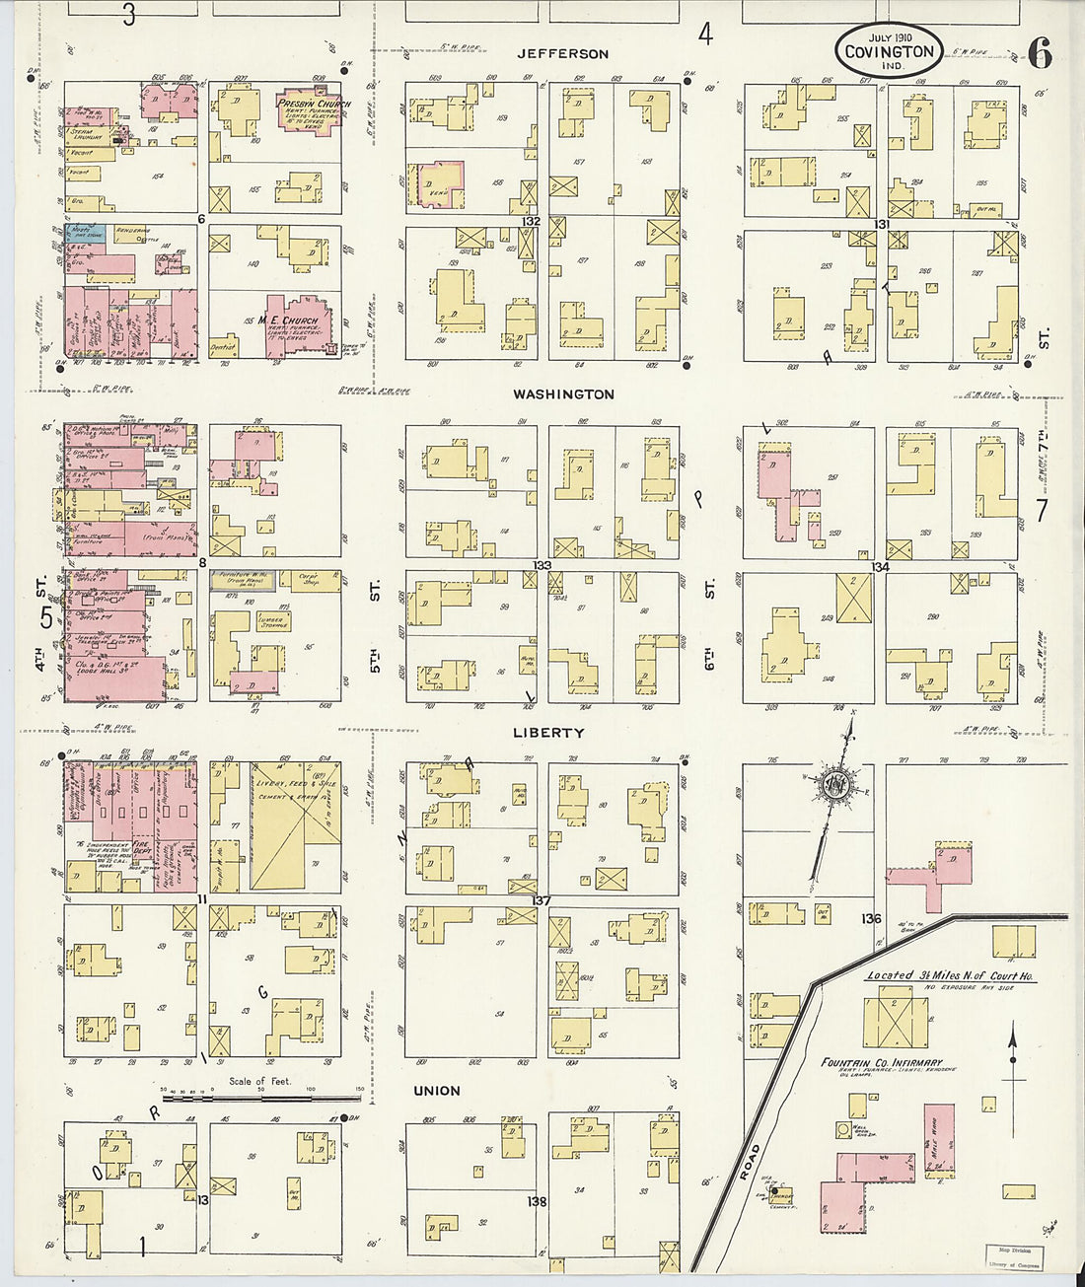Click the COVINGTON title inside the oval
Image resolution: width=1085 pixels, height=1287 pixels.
[889, 52]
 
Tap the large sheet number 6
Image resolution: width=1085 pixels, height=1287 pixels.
[1039, 53]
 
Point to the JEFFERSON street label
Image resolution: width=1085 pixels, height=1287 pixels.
[563, 53]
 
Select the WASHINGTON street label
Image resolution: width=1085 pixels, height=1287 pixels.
[563, 393]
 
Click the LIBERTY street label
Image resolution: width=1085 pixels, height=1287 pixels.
[548, 733]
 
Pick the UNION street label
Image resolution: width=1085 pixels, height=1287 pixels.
[437, 1091]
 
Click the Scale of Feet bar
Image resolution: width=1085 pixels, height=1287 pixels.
[261, 1097]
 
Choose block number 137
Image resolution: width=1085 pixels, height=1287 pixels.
[540, 900]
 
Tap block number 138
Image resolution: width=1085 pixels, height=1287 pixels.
[537, 1201]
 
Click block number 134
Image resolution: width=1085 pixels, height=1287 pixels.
[880, 566]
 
